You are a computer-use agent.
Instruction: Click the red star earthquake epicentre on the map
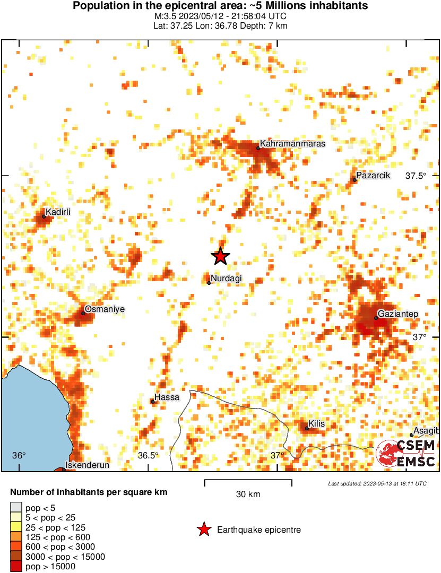[x=220, y=256]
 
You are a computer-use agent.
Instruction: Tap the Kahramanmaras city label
[x=293, y=144]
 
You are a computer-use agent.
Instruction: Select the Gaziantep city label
[x=398, y=314]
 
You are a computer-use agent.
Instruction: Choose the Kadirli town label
[x=58, y=212]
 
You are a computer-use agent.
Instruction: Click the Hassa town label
[x=167, y=397]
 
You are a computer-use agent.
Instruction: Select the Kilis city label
[x=316, y=424]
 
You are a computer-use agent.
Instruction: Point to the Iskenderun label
[x=87, y=465]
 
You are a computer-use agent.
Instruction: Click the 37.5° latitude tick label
[x=416, y=176]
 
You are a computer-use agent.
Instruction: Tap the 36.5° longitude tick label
[x=149, y=456]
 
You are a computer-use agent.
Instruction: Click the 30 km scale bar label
[x=248, y=494]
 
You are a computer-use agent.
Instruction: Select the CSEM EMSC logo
[x=406, y=454]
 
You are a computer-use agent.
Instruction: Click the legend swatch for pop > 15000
[x=16, y=567]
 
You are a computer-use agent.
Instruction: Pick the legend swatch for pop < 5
[x=16, y=508]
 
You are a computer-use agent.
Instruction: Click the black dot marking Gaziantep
[x=376, y=318]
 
